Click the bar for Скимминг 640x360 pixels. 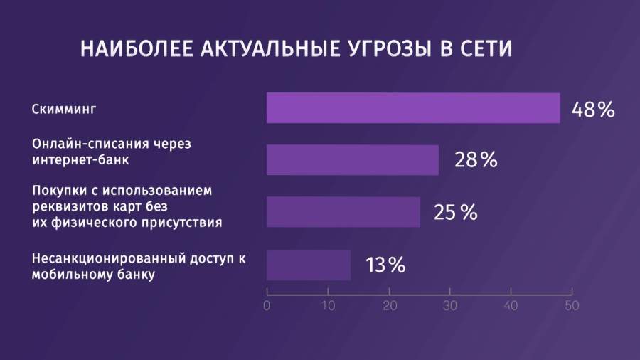(x=413, y=108)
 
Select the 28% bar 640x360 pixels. (x=353, y=160)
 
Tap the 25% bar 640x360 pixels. (x=343, y=212)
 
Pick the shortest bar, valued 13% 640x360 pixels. (x=309, y=265)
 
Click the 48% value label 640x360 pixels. (x=592, y=110)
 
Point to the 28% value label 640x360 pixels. (x=476, y=161)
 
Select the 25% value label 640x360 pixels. (x=456, y=213)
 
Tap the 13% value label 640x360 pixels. (x=385, y=265)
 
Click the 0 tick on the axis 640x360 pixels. (x=267, y=307)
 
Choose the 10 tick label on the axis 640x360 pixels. (x=328, y=307)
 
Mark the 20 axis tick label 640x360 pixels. (x=389, y=307)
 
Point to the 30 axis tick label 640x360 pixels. (x=450, y=307)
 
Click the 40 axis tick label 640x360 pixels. (x=511, y=307)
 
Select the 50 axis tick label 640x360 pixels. (x=572, y=307)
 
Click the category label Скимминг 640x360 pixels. (x=63, y=110)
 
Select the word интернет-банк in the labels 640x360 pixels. (x=81, y=159)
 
